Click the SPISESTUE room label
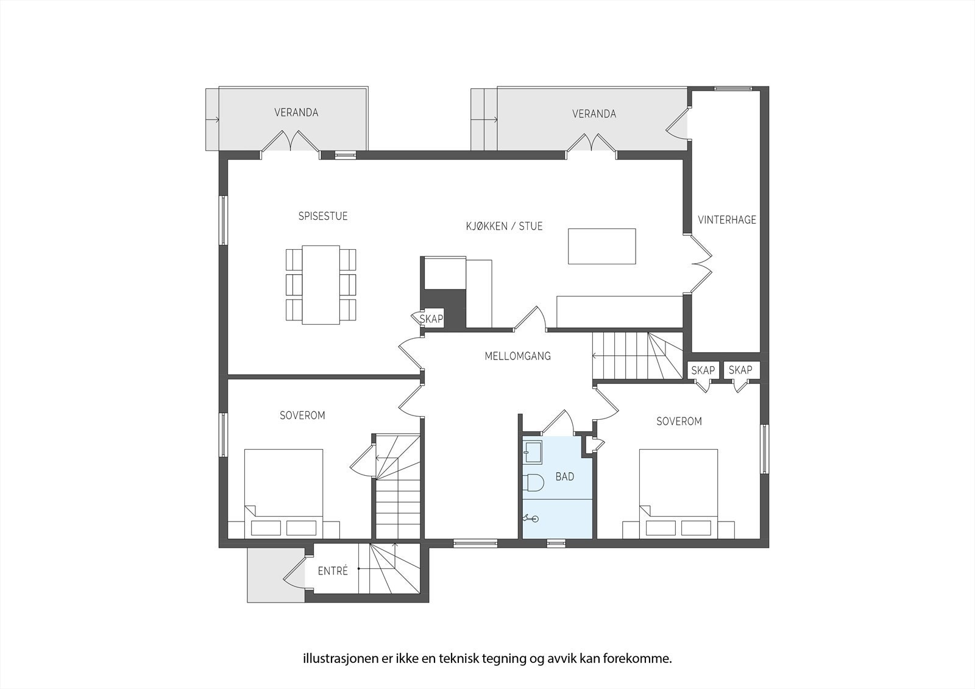tap(322, 216)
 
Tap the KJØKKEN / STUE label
tap(504, 226)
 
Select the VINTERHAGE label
tap(726, 220)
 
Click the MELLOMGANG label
tap(517, 356)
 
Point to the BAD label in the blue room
tap(564, 476)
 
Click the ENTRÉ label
tap(333, 571)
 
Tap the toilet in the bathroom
tap(533, 482)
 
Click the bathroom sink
tap(532, 451)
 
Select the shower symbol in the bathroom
tap(531, 518)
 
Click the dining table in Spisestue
tap(321, 284)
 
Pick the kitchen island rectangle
tap(601, 246)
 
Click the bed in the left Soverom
tap(283, 493)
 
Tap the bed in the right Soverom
tap(678, 493)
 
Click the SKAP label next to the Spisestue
tap(431, 319)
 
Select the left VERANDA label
tap(296, 113)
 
